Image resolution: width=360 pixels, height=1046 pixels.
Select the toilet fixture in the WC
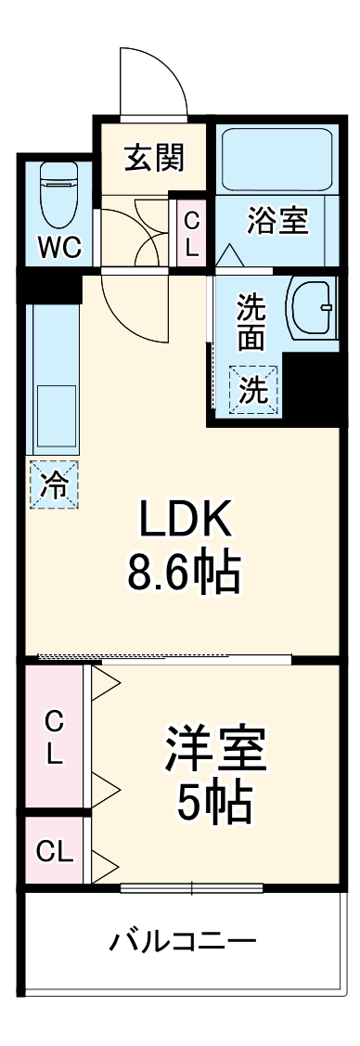point(59,195)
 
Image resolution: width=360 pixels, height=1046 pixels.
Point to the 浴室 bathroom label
point(277,223)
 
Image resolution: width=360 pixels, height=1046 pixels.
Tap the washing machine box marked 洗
point(252,390)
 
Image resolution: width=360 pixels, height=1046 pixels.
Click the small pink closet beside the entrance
point(191,234)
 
